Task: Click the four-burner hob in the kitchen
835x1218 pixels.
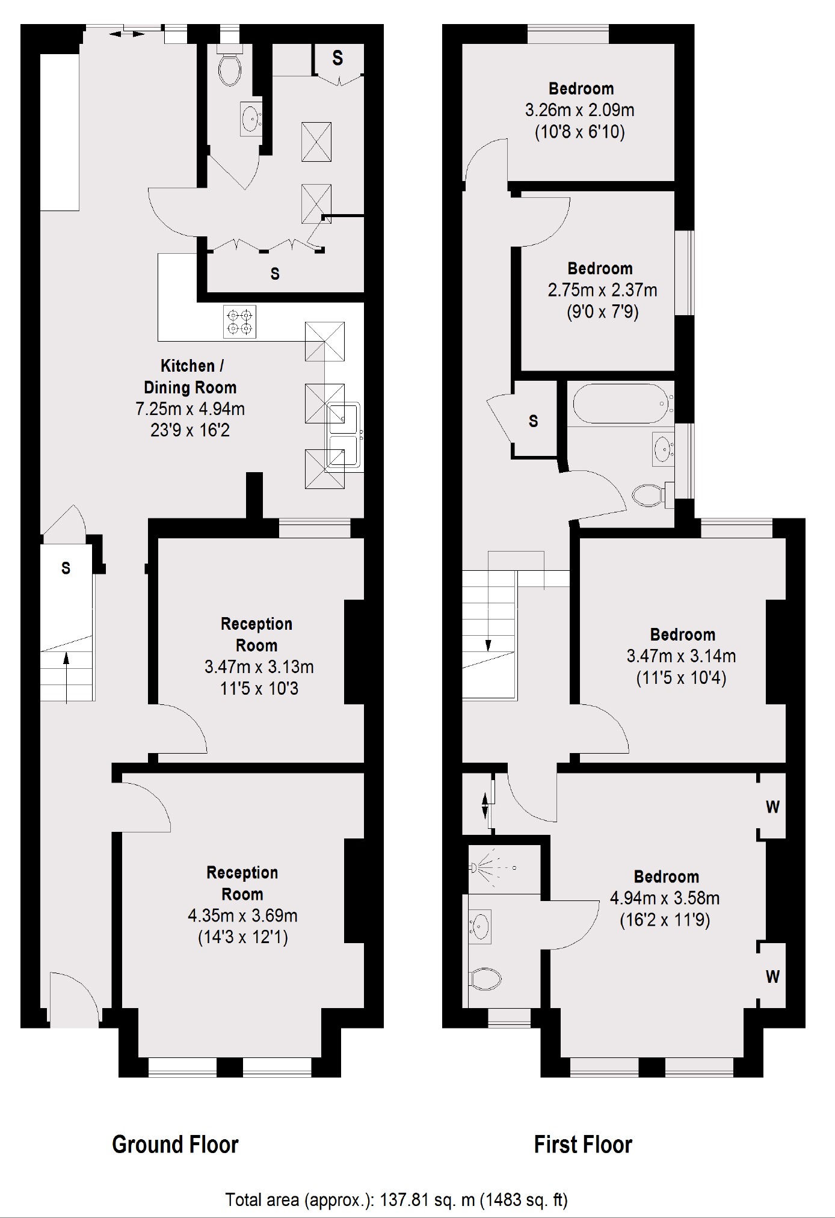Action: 239,321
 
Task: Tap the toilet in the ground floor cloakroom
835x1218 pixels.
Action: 230,68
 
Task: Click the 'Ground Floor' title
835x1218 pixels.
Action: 175,1144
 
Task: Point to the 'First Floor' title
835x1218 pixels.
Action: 583,1144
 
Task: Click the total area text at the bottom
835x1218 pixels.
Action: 396,1200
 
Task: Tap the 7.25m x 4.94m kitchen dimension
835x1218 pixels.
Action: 190,409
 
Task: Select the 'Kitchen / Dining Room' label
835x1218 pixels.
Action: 190,377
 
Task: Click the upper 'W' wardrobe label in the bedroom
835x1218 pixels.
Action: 772,807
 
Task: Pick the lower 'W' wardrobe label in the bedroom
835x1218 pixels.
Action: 772,977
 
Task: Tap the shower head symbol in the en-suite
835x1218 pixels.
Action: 475,867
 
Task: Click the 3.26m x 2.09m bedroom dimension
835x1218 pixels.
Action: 580,110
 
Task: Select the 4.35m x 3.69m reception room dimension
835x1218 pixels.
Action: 242,915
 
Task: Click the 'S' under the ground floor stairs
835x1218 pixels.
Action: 66,568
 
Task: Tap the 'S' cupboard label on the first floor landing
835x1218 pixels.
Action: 533,421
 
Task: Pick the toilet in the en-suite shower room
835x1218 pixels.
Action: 486,979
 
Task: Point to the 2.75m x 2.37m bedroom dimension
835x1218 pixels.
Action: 602,291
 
